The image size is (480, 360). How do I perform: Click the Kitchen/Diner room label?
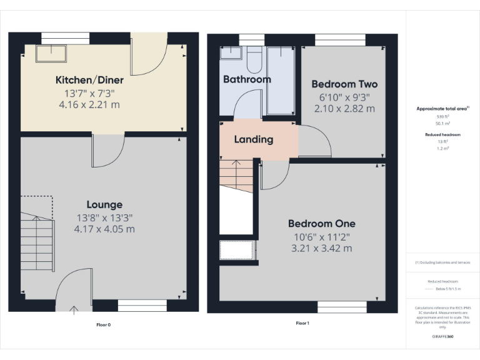click(x=89, y=80)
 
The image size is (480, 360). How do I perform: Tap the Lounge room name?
click(x=104, y=204)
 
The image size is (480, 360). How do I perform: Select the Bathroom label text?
click(x=247, y=79)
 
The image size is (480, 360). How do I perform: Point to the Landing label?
click(x=254, y=139)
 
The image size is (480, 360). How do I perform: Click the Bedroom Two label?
click(x=344, y=84)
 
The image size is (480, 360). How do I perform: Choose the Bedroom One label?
click(x=321, y=223)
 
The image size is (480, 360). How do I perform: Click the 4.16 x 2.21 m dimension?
click(x=89, y=104)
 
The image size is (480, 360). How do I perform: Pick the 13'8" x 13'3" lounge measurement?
click(x=104, y=217)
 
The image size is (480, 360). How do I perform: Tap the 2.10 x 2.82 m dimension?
click(x=344, y=108)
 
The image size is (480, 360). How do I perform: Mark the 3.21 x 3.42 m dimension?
click(x=321, y=248)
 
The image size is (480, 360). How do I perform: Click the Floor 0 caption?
click(x=103, y=324)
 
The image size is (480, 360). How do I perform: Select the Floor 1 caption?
click(x=302, y=323)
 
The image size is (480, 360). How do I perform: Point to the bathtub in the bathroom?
click(x=281, y=80)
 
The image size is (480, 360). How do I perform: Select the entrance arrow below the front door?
click(x=74, y=309)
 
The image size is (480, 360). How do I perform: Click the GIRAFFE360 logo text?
click(x=443, y=337)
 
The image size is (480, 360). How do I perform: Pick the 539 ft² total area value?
click(x=443, y=117)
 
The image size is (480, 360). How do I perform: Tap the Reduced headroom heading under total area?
click(x=443, y=134)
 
